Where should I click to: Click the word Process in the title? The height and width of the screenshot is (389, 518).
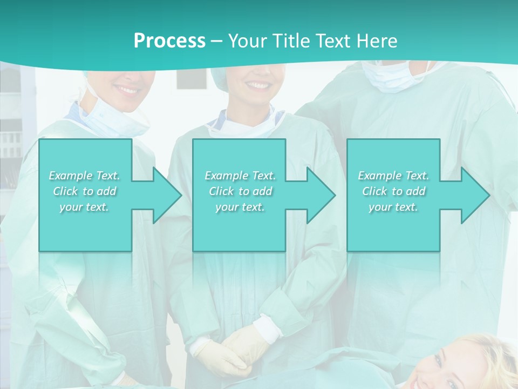tap(169, 41)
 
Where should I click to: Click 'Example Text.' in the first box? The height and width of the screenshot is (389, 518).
tap(85, 176)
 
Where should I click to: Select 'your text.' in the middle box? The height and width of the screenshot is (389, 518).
tap(240, 207)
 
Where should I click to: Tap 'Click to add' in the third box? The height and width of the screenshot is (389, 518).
tap(394, 191)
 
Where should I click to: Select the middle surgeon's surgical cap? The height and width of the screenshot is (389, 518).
tap(227, 73)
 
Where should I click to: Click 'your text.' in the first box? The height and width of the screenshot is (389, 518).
tap(85, 207)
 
